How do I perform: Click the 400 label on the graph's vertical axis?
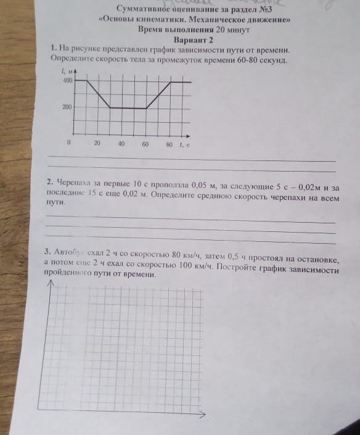(x=67, y=81)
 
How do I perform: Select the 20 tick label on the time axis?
(x=97, y=144)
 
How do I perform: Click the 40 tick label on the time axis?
(x=121, y=144)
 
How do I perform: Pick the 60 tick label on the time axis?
(x=145, y=144)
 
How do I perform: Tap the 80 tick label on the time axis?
(x=170, y=144)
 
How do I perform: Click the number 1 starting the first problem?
(x=55, y=49)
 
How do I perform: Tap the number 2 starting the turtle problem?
(x=49, y=183)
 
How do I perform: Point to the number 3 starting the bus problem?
(x=47, y=252)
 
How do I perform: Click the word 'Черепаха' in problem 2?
(x=74, y=183)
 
